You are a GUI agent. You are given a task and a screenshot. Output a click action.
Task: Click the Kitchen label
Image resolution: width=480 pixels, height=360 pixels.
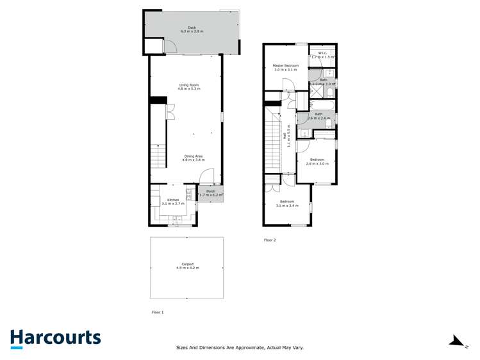(x=173, y=200)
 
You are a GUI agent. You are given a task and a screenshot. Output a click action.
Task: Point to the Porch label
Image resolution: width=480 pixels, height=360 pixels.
(x=210, y=191)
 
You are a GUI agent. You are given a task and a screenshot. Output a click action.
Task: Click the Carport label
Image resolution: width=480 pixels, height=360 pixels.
(x=188, y=264)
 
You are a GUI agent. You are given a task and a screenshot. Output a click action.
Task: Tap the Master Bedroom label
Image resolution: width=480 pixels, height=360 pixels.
(x=285, y=65)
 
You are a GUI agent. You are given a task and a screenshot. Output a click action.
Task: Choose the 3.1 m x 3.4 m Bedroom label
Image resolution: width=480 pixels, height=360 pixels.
(x=286, y=202)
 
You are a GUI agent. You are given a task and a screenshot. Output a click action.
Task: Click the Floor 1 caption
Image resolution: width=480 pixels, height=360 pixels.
(x=158, y=312)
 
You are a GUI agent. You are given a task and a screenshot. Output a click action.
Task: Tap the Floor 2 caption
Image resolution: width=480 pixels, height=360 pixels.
(x=270, y=240)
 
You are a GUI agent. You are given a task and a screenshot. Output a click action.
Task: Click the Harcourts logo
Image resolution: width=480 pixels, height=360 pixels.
(x=55, y=338)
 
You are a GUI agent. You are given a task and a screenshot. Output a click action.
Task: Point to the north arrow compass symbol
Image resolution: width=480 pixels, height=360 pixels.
(x=457, y=340)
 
